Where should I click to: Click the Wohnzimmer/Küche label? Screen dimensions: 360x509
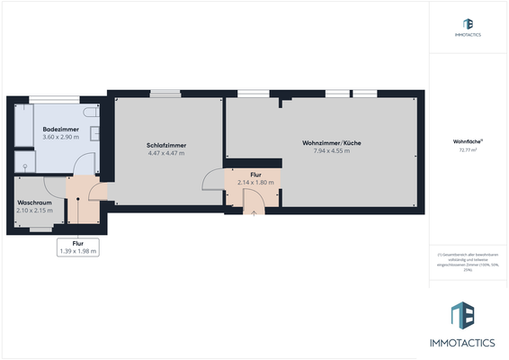(x=326, y=142)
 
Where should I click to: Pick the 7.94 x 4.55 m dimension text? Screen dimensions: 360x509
(x=326, y=150)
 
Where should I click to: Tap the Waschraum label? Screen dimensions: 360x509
(x=33, y=203)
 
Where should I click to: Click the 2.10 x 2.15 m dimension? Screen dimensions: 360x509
(x=33, y=211)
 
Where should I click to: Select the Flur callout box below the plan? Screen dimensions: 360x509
(x=78, y=247)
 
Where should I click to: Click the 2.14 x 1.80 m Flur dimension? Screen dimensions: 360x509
(x=254, y=183)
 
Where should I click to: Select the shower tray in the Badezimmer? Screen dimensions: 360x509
(x=24, y=162)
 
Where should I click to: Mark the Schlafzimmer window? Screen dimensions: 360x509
(x=165, y=92)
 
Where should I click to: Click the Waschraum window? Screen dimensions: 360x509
(x=40, y=230)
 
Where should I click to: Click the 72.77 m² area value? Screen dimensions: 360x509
(x=469, y=149)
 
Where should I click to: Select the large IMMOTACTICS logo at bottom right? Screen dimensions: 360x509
(x=468, y=326)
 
